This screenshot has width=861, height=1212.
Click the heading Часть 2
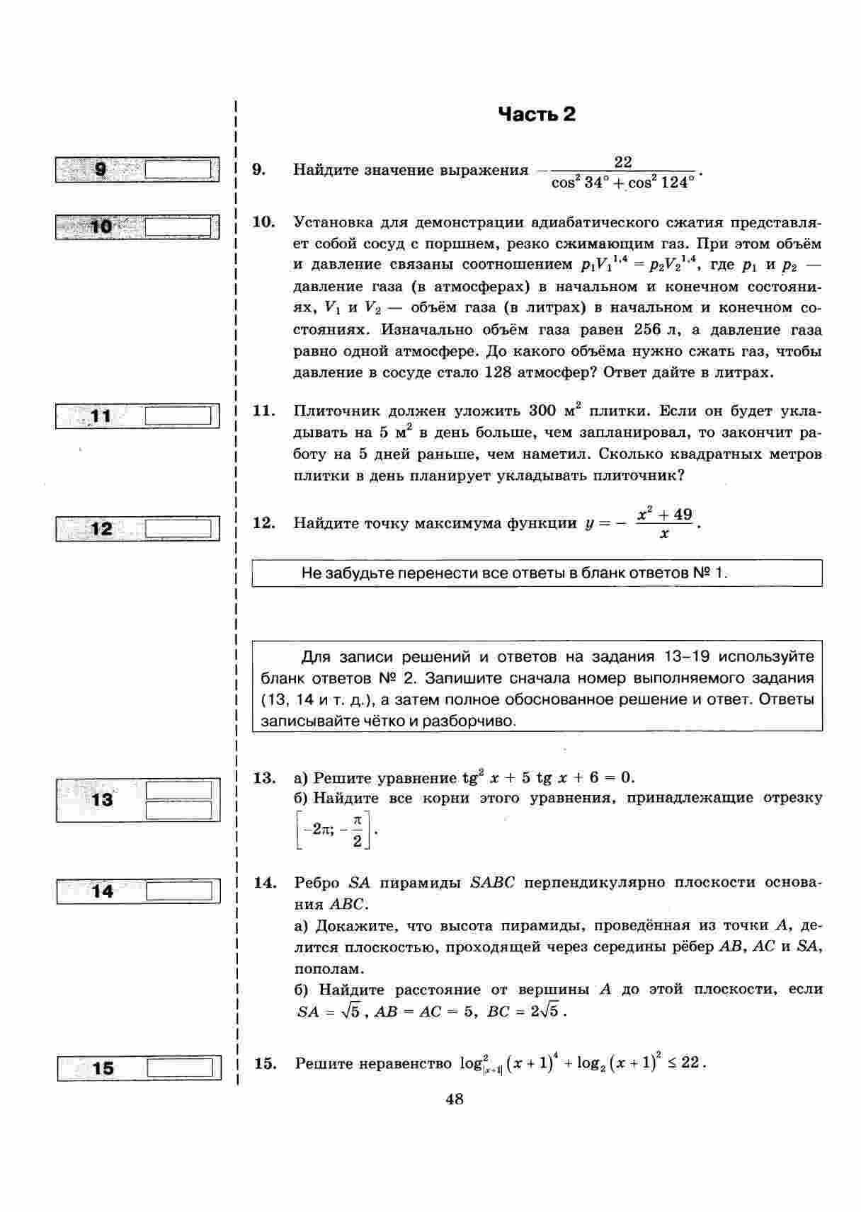[x=537, y=115]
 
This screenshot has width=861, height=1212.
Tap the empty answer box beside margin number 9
[x=178, y=170]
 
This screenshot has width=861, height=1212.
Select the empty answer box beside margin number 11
[x=178, y=416]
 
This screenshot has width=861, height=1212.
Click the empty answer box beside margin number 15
[x=179, y=1068]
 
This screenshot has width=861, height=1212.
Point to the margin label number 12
[x=102, y=529]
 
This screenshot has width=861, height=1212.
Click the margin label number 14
[x=103, y=891]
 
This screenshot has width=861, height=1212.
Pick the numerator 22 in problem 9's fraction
[x=623, y=162]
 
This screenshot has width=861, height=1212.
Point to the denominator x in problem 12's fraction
[x=664, y=534]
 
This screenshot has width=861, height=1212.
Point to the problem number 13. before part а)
[x=264, y=778]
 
